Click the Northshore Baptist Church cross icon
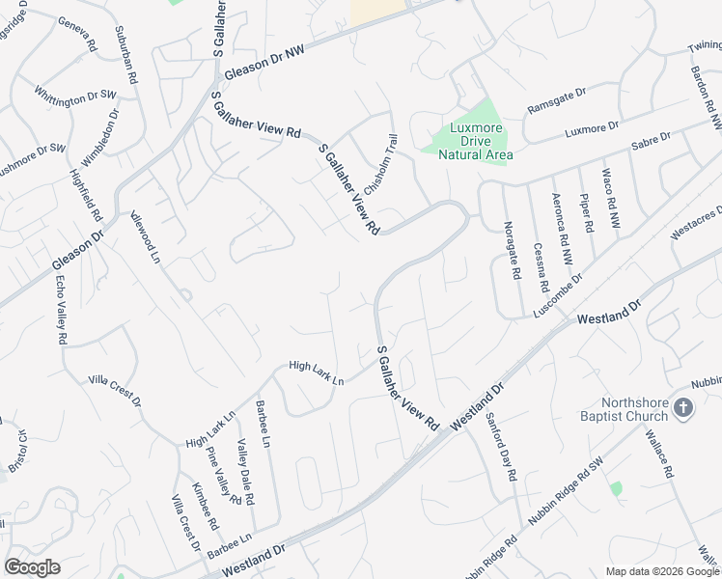click(x=683, y=407)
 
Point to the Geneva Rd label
click(x=78, y=35)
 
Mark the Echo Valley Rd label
click(x=61, y=310)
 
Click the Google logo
click(x=33, y=567)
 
